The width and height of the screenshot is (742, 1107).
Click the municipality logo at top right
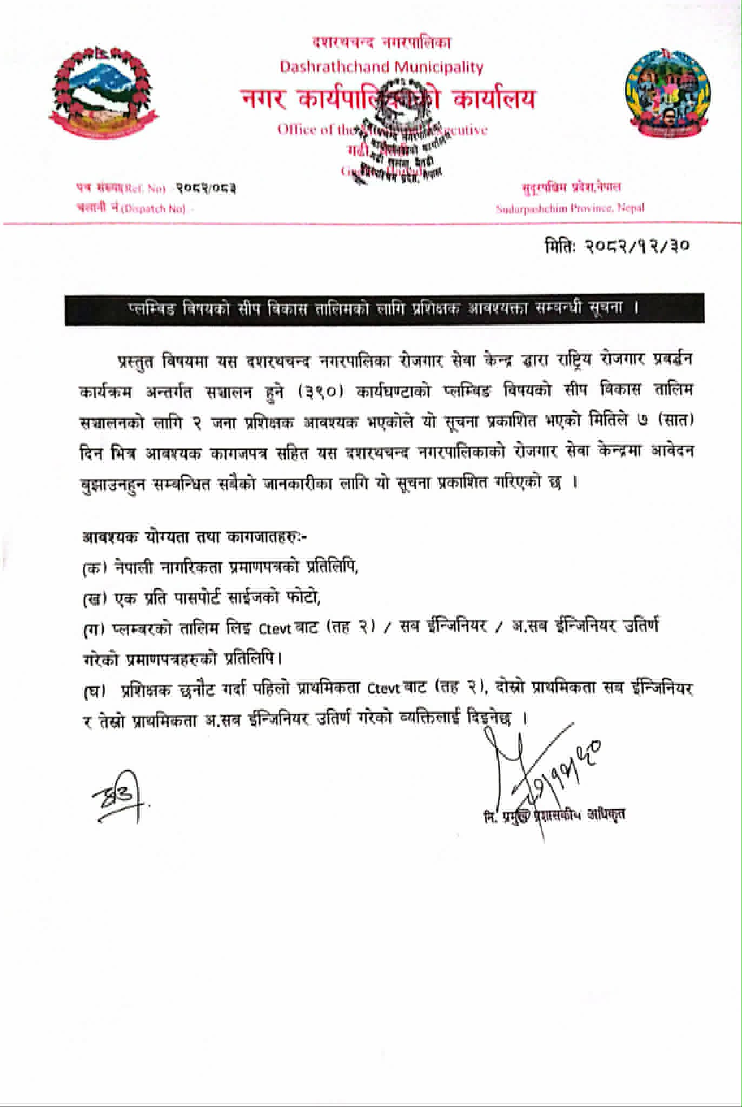point(666,93)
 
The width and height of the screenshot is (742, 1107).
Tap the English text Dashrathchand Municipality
point(381,67)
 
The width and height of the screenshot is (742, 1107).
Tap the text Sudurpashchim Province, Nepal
point(570,208)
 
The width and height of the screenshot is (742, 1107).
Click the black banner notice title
point(384,309)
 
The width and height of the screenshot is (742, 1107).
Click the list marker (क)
point(95,568)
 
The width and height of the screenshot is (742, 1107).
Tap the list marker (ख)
point(95,599)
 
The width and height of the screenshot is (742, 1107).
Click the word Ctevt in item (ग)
point(275,628)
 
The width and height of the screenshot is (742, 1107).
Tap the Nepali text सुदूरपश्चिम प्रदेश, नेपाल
point(571,188)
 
